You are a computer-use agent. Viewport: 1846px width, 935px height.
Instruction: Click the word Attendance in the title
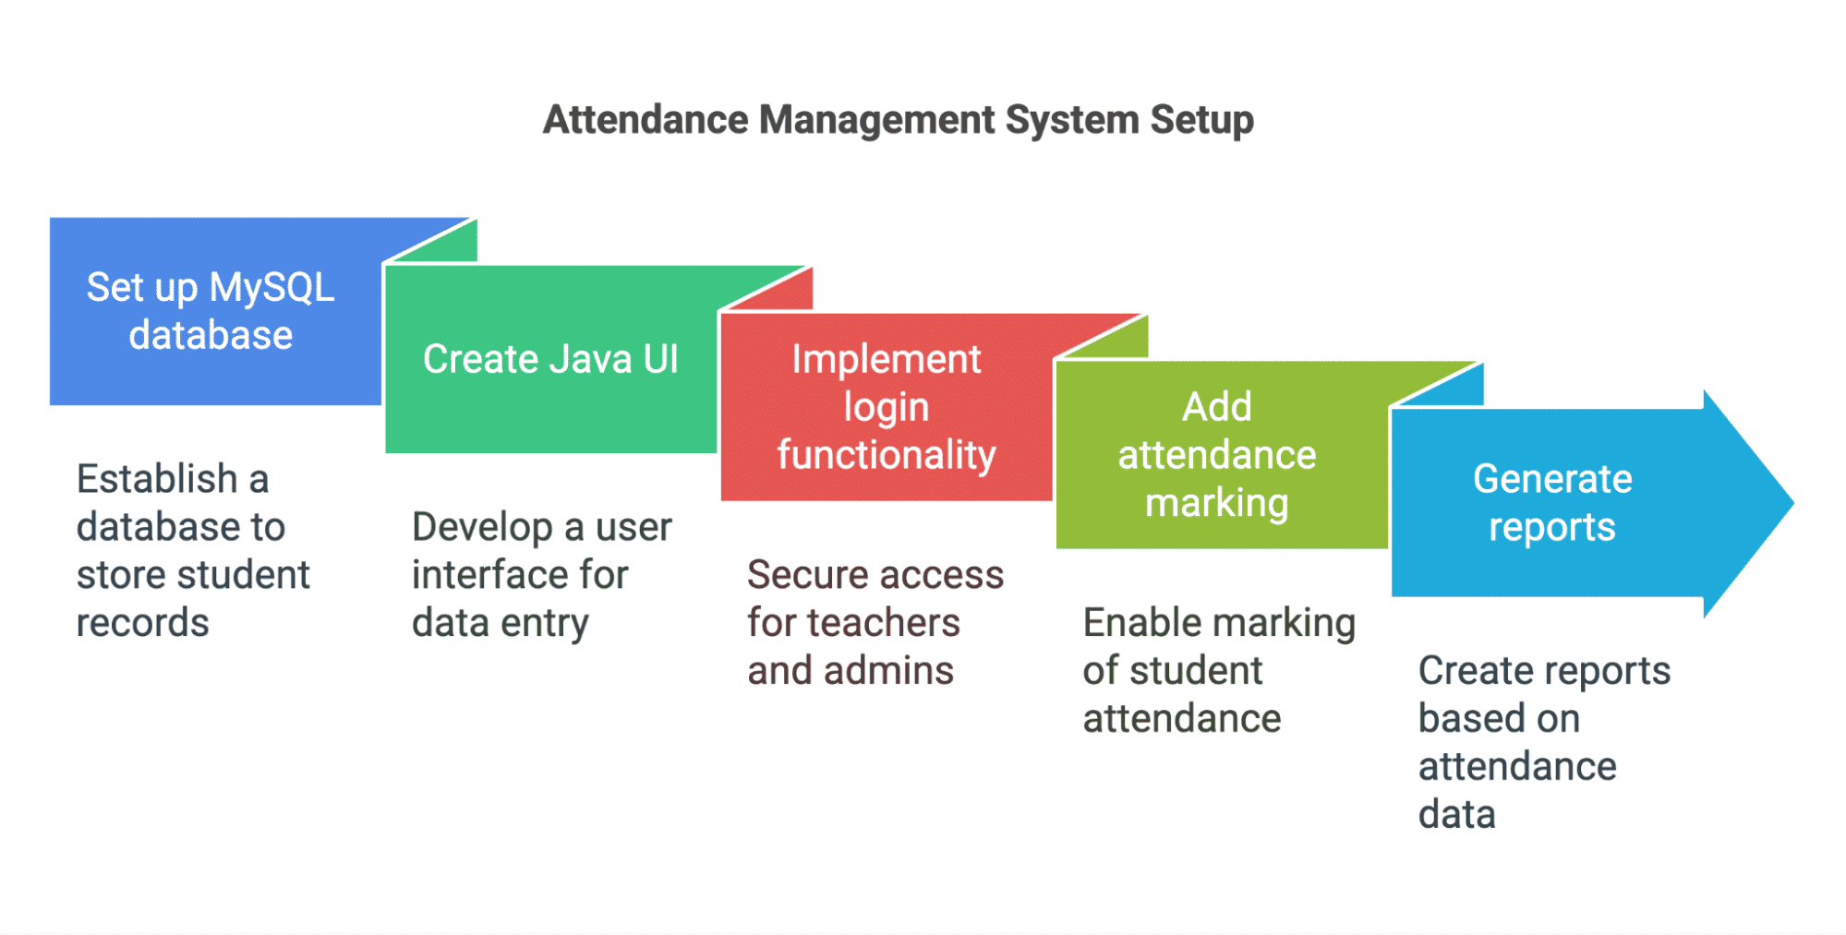(645, 120)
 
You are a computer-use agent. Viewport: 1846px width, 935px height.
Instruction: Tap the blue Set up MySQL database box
(215, 311)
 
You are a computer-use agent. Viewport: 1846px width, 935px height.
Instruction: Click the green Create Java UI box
(550, 359)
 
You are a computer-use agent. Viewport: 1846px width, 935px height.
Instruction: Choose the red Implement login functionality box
(887, 407)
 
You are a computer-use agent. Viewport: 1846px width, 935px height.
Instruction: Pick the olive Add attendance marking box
(1221, 455)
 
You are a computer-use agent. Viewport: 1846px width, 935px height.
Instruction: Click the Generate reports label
(1552, 503)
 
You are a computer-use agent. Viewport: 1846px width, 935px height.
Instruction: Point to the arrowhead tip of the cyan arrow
(1793, 503)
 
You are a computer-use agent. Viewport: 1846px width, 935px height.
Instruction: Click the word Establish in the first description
(157, 479)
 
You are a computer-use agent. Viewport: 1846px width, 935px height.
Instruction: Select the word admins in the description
(888, 671)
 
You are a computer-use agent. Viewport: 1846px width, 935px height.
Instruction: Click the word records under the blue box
(143, 623)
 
